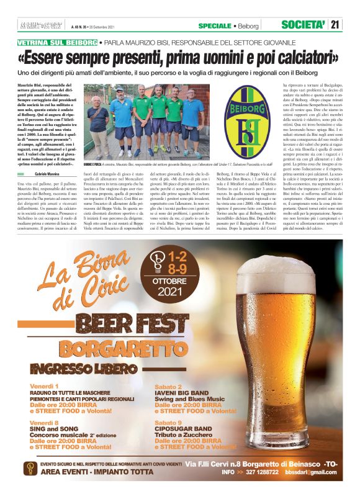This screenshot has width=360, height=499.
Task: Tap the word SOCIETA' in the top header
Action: tap(304, 25)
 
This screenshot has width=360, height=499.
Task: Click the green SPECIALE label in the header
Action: tap(215, 25)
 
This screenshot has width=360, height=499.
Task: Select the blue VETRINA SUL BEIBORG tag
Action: tap(58, 43)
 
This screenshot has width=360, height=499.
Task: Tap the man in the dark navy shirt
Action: tap(98, 117)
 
